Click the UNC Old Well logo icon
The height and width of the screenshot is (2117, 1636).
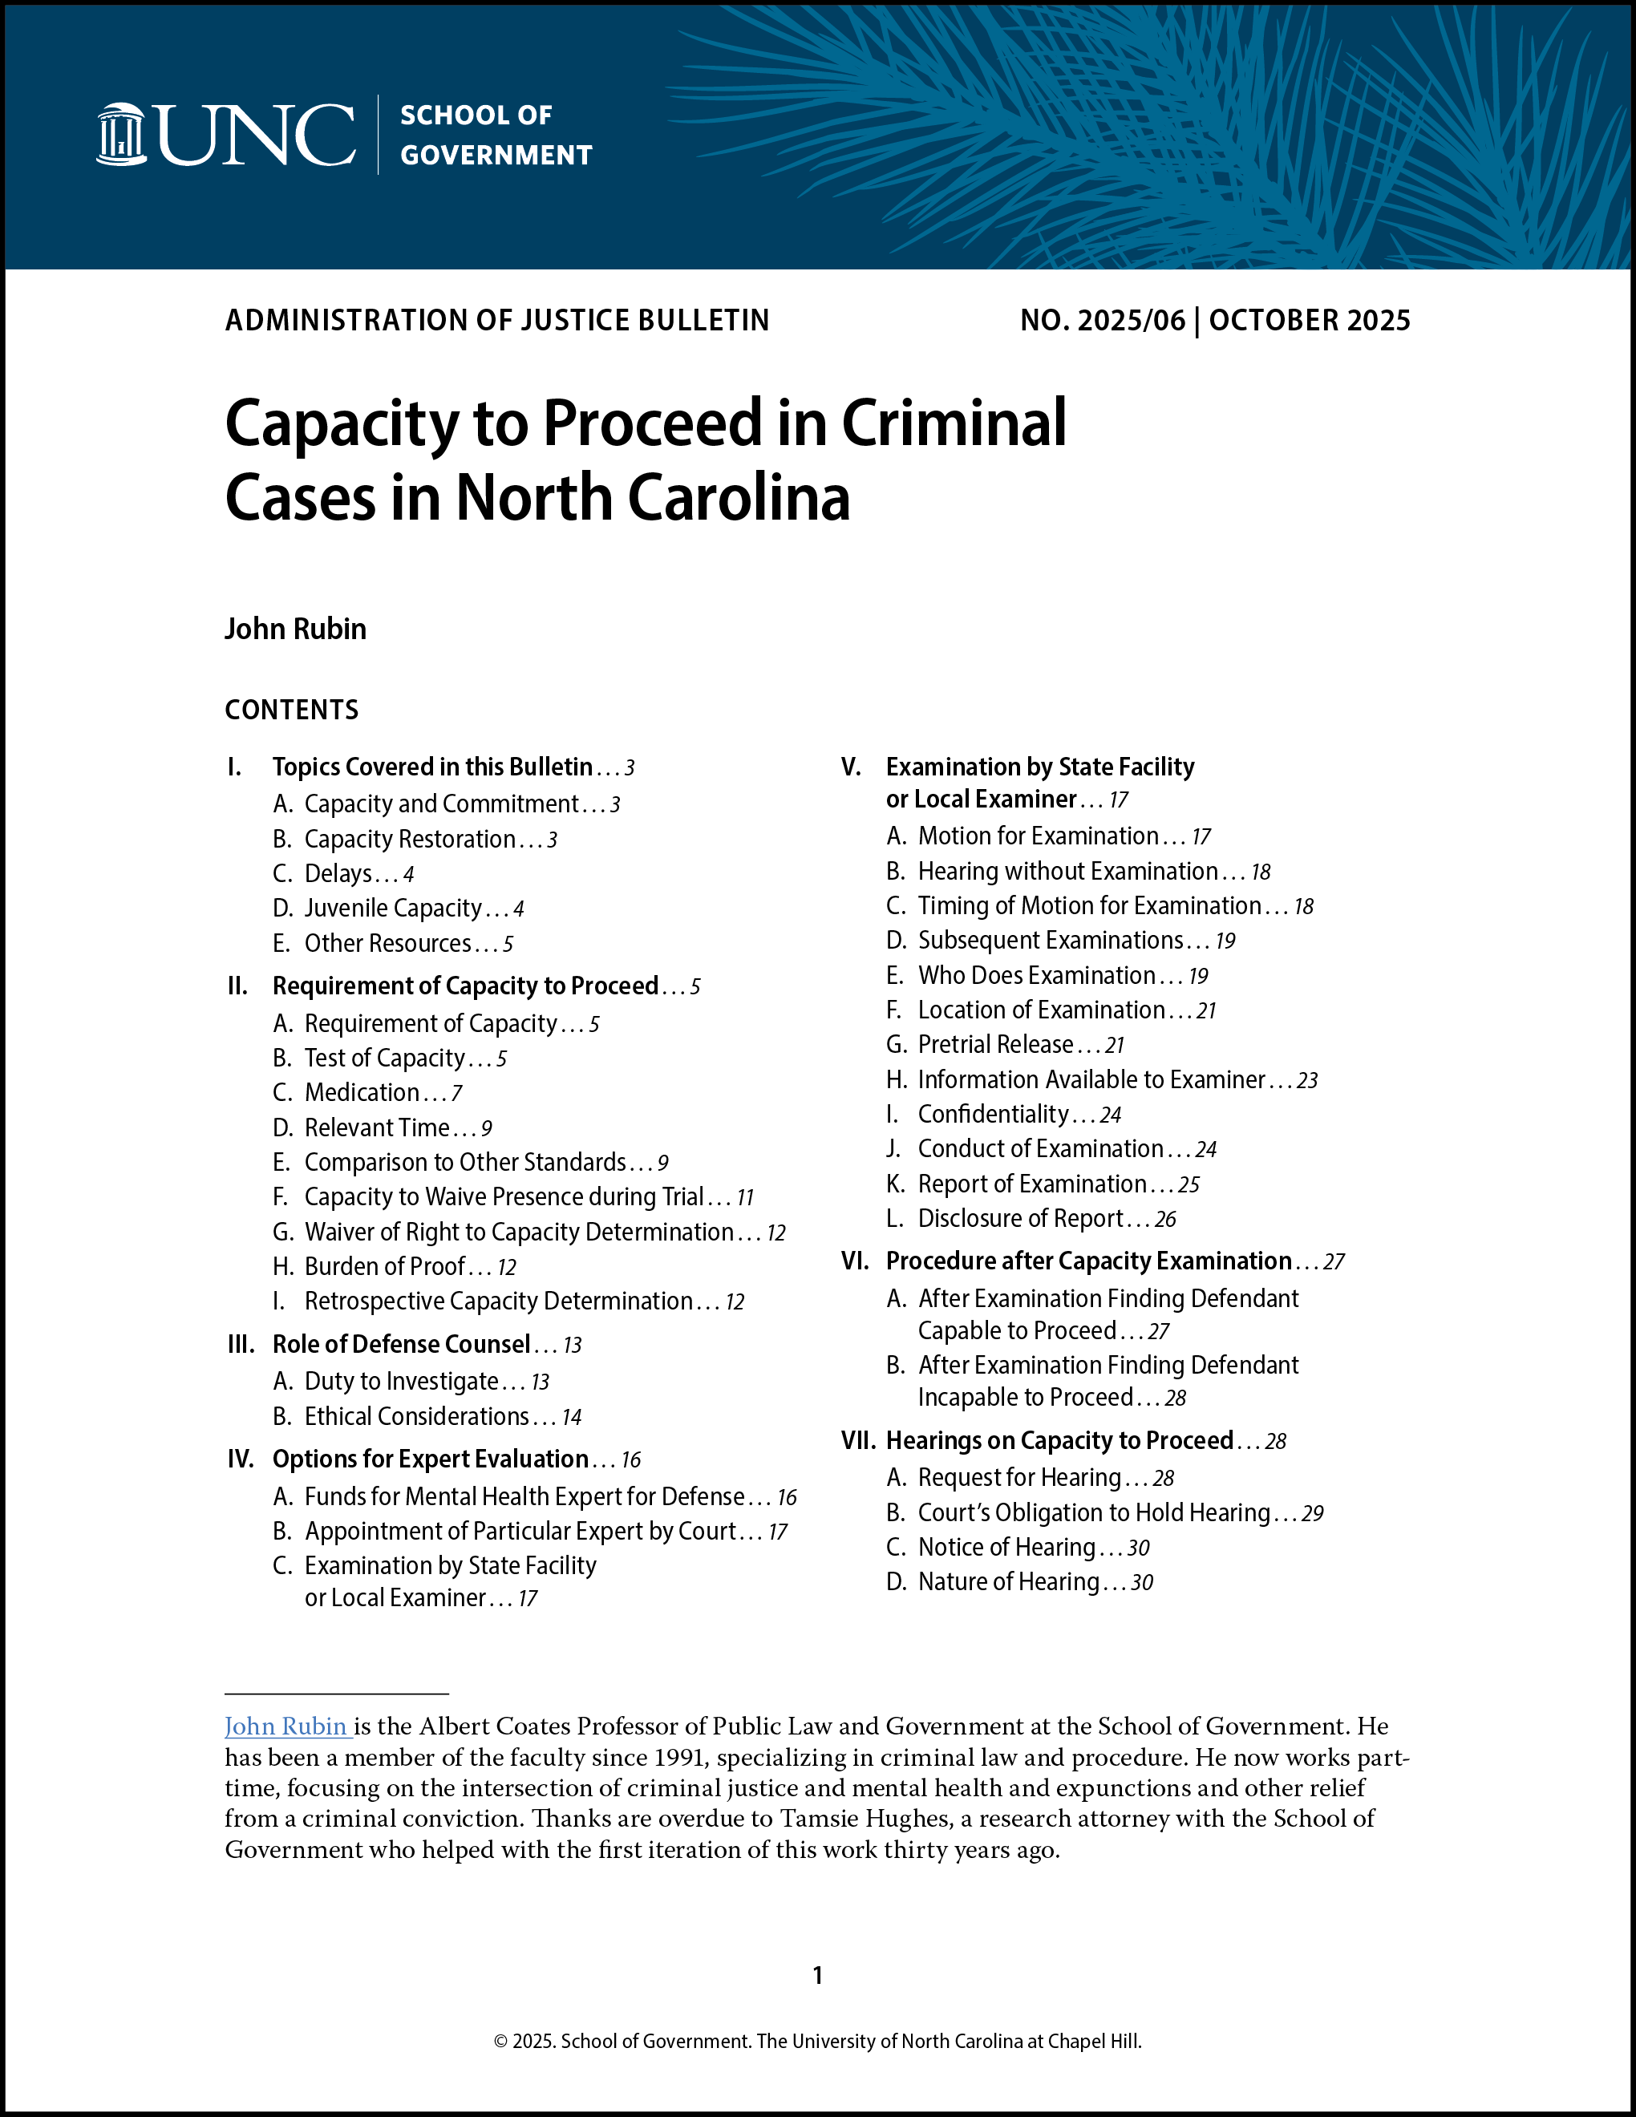click(121, 134)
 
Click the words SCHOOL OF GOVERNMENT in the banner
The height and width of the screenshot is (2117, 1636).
click(496, 135)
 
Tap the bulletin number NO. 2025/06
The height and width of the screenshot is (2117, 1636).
click(1102, 321)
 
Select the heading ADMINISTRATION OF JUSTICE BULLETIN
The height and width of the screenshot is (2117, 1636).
click(497, 321)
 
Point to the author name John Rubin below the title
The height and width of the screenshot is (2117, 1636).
click(296, 629)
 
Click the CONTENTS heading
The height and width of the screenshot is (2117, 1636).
click(292, 710)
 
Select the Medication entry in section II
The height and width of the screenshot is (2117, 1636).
click(362, 1092)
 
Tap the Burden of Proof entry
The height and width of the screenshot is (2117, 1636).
click(385, 1267)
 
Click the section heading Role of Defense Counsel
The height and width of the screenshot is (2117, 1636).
click(401, 1345)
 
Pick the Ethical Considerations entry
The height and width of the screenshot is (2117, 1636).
click(417, 1417)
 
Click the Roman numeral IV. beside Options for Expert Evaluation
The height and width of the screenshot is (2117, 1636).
click(241, 1459)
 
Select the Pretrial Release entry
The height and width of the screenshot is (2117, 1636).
click(995, 1045)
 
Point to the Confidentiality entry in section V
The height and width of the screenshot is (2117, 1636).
click(994, 1115)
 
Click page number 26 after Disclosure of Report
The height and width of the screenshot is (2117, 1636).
click(1166, 1220)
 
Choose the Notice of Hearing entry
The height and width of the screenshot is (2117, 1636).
click(1007, 1548)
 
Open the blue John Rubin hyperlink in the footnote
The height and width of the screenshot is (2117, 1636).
click(287, 1726)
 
